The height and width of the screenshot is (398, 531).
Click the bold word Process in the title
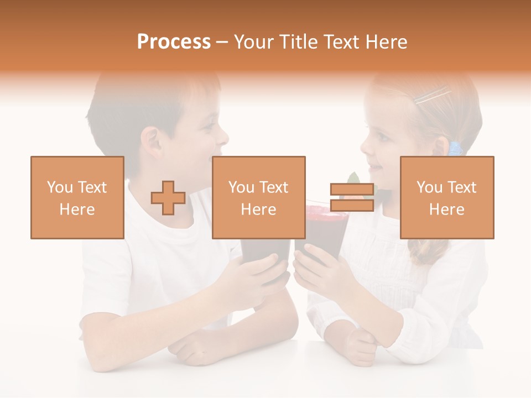(174, 42)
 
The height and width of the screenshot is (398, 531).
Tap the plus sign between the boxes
(168, 198)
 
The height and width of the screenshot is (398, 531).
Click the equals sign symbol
(352, 198)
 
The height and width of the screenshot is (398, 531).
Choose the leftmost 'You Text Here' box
(77, 198)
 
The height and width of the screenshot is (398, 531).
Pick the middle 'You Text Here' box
(259, 198)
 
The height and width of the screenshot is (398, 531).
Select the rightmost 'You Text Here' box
(447, 198)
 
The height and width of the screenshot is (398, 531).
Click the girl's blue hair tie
(455, 148)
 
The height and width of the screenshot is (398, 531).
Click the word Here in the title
(386, 42)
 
